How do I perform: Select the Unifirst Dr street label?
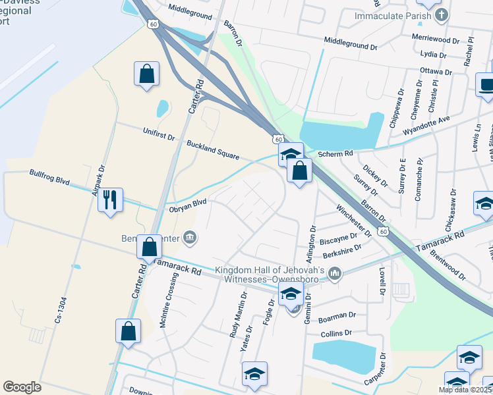click(x=159, y=136)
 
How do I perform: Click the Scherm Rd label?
click(x=335, y=153)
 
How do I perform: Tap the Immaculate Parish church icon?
click(x=442, y=14)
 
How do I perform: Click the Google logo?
click(x=22, y=386)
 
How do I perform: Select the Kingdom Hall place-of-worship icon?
click(x=335, y=273)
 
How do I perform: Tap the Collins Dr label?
click(x=337, y=334)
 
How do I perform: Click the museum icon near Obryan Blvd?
click(x=190, y=236)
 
